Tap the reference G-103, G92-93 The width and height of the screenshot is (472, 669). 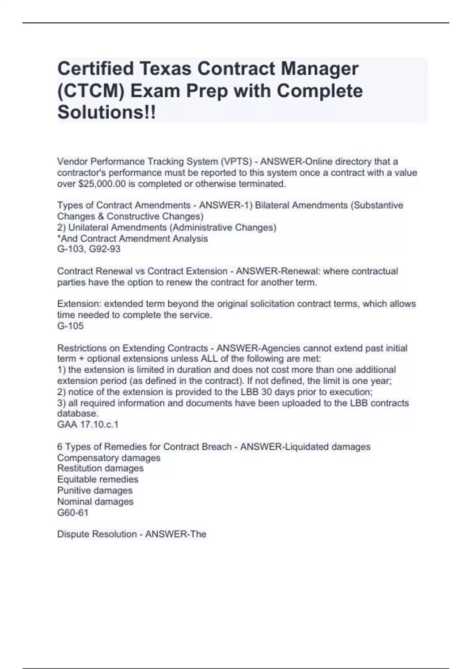coord(89,249)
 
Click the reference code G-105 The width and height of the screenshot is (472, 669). coord(70,326)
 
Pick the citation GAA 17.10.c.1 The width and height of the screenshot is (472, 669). coord(88,425)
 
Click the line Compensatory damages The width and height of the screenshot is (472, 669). coord(109,458)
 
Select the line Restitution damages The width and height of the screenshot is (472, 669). coord(100,468)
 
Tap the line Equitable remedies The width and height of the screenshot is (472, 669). coord(98,479)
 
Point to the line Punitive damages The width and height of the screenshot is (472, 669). coord(95,490)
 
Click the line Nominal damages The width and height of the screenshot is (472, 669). coord(95,501)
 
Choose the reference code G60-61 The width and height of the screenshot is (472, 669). coord(73,512)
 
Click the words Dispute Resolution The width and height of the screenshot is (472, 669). coord(97,534)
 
